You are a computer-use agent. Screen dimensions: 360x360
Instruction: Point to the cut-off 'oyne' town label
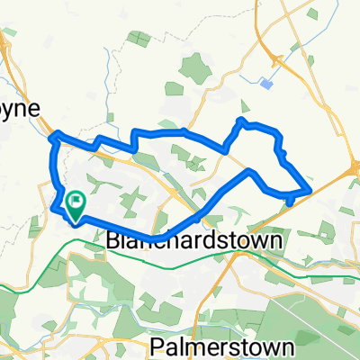[x=19, y=108]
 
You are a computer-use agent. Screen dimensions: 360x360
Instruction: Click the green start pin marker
[x=76, y=207]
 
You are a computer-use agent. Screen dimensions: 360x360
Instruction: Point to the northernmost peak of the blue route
[x=241, y=119]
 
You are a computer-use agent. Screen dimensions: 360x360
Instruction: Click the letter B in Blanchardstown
[x=112, y=242]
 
